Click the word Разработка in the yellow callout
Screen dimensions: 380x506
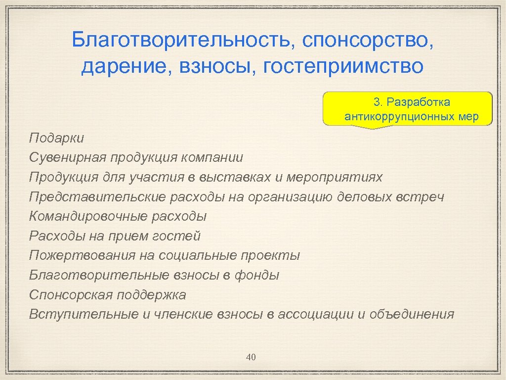tap(419, 102)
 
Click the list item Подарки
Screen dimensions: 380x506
tap(56, 138)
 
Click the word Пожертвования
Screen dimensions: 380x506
tap(82, 256)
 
